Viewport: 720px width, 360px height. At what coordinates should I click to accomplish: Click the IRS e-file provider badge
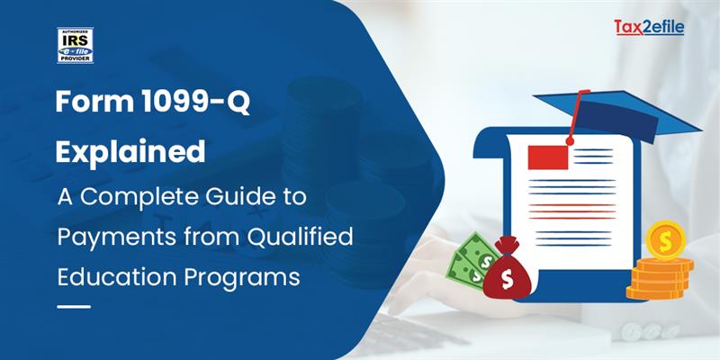click(75, 45)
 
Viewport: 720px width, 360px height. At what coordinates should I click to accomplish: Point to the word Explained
click(130, 151)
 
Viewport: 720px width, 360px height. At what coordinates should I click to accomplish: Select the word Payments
click(107, 236)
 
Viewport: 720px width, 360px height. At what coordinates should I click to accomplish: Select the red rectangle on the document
click(547, 157)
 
